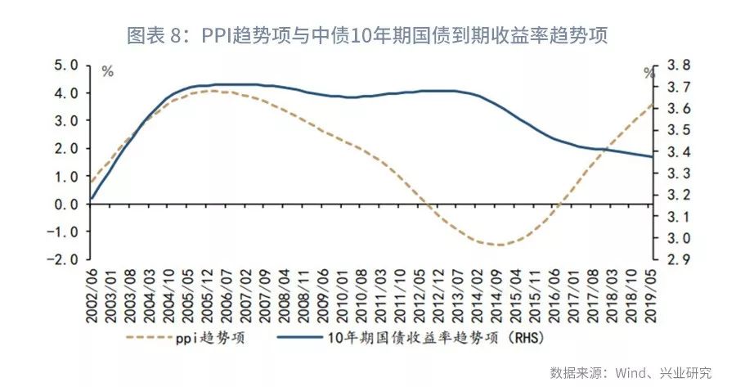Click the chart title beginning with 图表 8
point(367,36)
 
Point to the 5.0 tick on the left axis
point(65,65)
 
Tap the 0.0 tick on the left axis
point(65,204)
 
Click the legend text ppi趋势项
point(215,337)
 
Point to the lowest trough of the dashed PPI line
point(499,245)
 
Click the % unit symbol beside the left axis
point(107,72)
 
